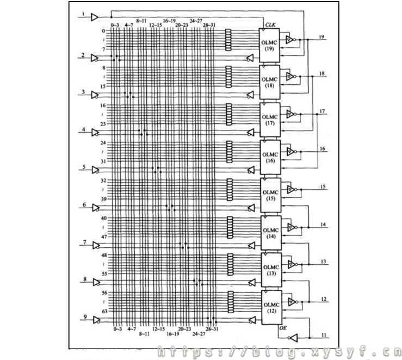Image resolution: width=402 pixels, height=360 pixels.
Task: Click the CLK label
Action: tap(270, 25)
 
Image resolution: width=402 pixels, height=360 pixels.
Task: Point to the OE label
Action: tap(282, 328)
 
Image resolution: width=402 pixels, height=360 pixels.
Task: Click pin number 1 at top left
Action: tap(83, 13)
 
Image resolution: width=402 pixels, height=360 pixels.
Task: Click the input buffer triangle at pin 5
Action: tap(95, 170)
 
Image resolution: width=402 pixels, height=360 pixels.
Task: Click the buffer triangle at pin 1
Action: tap(95, 17)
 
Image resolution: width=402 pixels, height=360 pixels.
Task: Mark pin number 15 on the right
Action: tap(323, 187)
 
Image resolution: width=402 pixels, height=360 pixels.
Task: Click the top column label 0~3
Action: tap(114, 25)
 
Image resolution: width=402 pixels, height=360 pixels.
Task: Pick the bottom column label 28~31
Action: tap(212, 329)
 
